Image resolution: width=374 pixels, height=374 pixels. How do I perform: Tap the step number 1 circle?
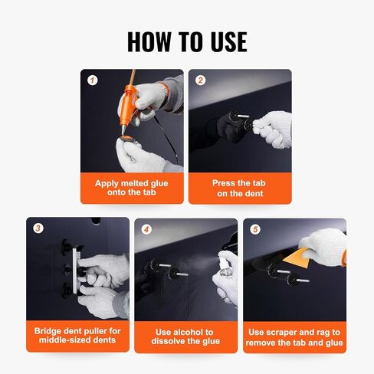(93, 80)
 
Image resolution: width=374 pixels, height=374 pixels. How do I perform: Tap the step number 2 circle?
(200, 80)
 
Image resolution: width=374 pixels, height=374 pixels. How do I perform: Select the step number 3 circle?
(38, 228)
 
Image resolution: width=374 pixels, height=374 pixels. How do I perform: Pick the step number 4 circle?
(146, 229)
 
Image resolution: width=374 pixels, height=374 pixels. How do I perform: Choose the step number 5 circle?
(255, 229)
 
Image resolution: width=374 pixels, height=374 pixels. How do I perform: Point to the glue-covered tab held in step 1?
(129, 139)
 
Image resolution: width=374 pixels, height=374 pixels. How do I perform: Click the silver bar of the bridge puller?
(75, 270)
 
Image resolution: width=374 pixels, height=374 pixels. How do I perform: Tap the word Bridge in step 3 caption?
(48, 331)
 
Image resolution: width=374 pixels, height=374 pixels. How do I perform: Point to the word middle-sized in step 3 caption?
(65, 340)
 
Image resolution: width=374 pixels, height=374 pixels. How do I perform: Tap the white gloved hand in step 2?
(274, 129)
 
